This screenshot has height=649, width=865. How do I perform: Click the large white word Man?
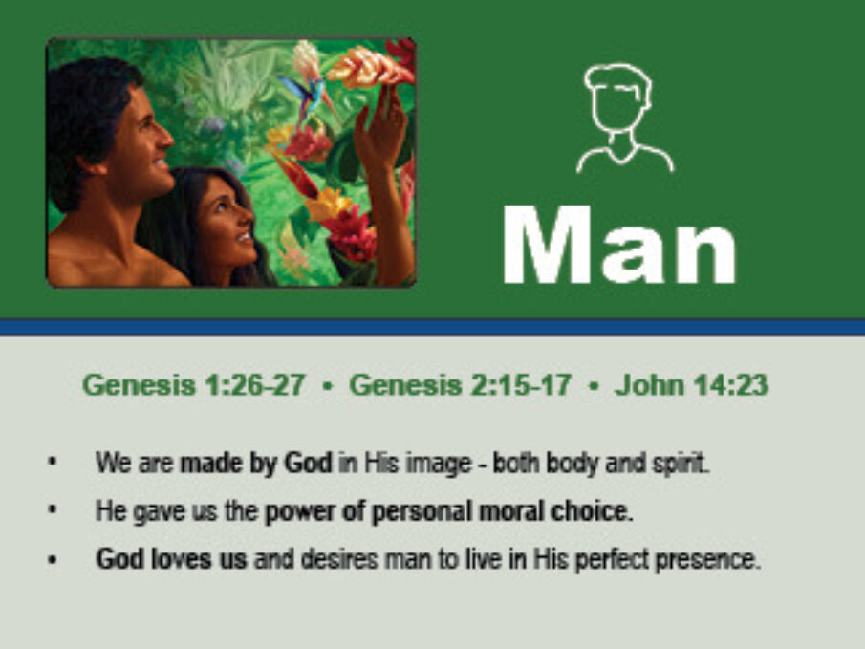click(x=619, y=245)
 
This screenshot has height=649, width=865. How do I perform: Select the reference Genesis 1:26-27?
click(x=194, y=384)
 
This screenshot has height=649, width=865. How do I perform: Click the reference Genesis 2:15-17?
click(x=460, y=384)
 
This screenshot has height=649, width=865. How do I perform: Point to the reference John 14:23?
click(x=691, y=384)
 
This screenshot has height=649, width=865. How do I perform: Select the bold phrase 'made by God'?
click(x=256, y=463)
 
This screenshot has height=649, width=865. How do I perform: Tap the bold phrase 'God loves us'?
click(x=171, y=559)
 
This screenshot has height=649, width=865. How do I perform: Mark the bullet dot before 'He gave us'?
click(x=53, y=510)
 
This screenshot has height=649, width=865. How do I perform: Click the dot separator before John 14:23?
click(x=594, y=385)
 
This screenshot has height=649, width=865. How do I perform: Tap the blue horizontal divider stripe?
click(x=432, y=327)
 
